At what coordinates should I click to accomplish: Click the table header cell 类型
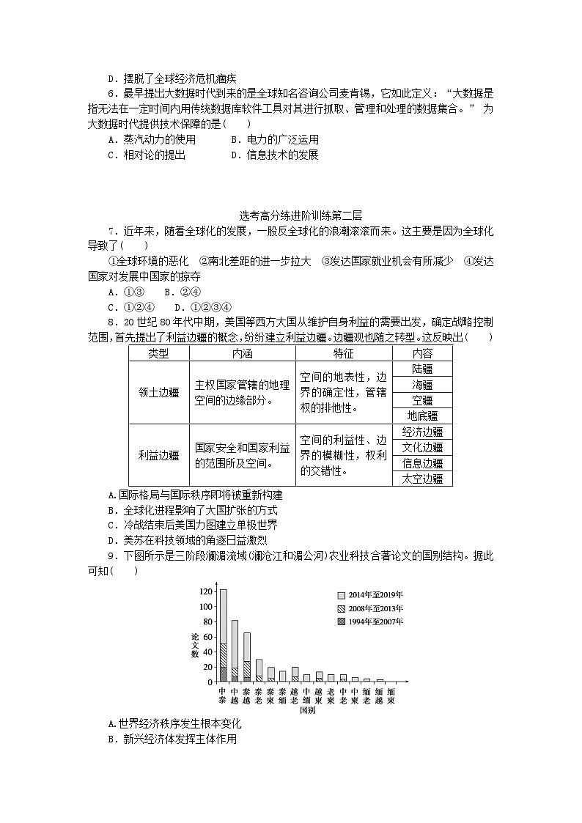[158, 353]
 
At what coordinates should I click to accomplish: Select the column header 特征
[343, 353]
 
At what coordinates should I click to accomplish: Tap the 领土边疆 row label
[158, 392]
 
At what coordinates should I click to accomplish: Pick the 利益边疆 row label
[158, 454]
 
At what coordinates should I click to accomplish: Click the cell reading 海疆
[422, 385]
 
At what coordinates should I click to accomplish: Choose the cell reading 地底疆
[422, 416]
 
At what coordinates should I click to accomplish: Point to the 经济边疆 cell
[422, 432]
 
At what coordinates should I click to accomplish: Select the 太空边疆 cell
[422, 478]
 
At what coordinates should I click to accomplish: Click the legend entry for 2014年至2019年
[370, 595]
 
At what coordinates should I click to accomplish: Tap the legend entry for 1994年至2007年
[370, 621]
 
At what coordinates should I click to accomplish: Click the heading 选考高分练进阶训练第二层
[290, 215]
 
